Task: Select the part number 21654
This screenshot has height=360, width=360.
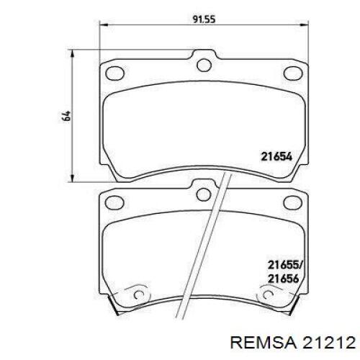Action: tap(274, 155)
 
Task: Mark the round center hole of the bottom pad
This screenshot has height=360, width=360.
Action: tap(204, 193)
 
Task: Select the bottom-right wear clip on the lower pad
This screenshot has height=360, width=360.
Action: tap(269, 297)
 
